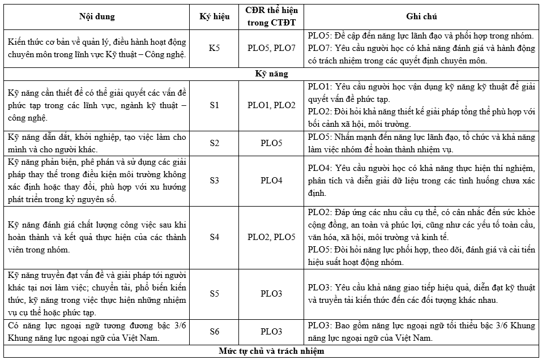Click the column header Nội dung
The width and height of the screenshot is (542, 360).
pos(96,16)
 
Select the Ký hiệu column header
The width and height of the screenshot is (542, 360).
pos(215,16)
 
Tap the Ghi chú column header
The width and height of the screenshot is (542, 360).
pos(421,16)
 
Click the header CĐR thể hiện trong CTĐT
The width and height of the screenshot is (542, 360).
pos(271,16)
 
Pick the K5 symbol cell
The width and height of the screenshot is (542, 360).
pos(215,48)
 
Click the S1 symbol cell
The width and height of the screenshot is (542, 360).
pos(215,105)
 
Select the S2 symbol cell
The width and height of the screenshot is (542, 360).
pos(215,143)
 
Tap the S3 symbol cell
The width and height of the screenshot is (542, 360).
pos(215,181)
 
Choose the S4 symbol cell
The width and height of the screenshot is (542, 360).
pos(215,237)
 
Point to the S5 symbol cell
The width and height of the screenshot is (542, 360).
pos(215,294)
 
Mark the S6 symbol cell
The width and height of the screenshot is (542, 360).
pos(215,332)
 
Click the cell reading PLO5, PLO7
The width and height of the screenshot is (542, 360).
pos(271,48)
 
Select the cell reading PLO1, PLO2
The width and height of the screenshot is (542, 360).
pos(271,105)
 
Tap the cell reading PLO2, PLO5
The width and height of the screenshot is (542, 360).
pos(271,237)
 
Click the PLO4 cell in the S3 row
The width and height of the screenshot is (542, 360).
pos(271,181)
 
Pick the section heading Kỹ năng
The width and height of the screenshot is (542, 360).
pos(271,74)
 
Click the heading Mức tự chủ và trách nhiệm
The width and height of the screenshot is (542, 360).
pos(271,351)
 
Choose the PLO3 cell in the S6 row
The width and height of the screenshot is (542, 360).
pos(271,332)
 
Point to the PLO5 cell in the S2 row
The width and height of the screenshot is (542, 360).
pos(271,143)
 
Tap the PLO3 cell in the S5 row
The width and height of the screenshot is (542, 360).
pos(271,294)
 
